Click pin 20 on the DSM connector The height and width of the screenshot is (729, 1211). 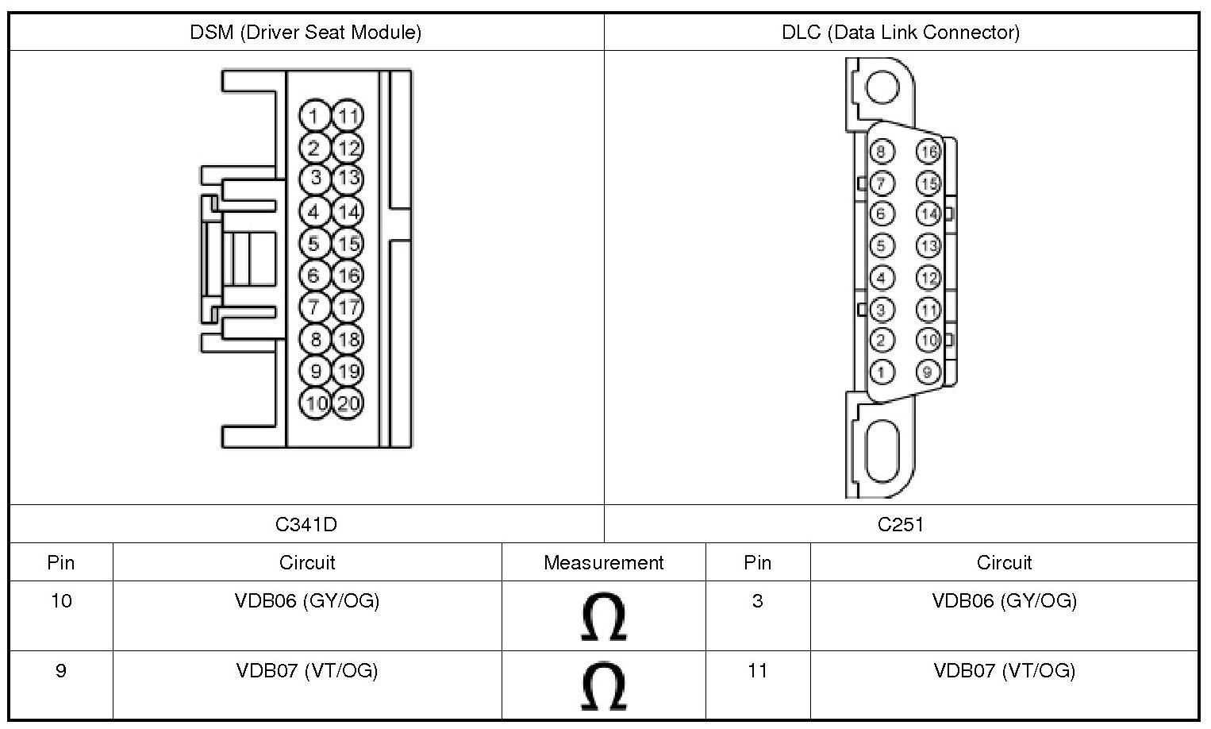(x=348, y=403)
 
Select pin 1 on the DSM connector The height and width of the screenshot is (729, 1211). (x=315, y=116)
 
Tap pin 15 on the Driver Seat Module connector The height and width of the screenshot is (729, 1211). (x=348, y=243)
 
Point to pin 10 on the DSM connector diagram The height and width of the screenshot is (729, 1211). (x=316, y=403)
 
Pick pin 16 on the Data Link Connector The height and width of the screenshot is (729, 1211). (x=928, y=152)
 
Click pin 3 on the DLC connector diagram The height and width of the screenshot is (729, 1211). (x=881, y=309)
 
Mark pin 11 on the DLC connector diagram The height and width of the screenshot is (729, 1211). (x=928, y=309)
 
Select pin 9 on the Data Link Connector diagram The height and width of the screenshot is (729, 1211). (x=928, y=371)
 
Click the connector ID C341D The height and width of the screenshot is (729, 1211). (x=306, y=524)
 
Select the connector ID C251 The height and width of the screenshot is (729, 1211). (x=901, y=524)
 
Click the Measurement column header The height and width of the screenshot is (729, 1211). (x=603, y=562)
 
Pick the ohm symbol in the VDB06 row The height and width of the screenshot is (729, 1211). (x=603, y=616)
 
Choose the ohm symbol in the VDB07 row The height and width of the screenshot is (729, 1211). (x=603, y=686)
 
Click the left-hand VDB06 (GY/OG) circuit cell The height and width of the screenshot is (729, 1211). (x=307, y=601)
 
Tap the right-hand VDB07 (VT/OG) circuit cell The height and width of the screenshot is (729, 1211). (x=1004, y=671)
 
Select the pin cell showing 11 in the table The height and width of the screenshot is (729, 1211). (x=757, y=671)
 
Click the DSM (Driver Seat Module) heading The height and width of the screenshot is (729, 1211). (x=306, y=32)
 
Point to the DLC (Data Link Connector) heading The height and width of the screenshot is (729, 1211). (x=901, y=32)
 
